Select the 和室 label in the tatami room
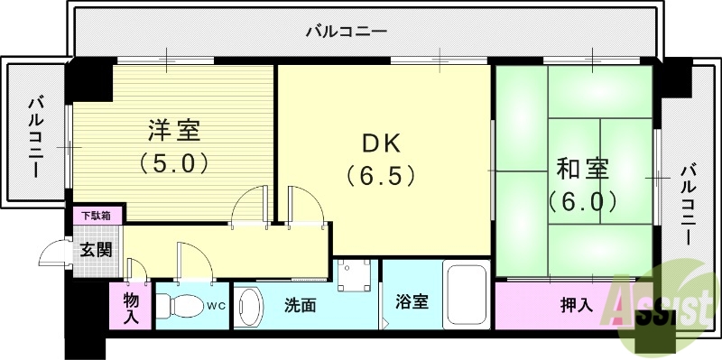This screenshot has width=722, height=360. coord(582,168)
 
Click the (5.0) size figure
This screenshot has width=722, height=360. coord(174,163)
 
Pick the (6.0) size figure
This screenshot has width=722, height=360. coord(582,198)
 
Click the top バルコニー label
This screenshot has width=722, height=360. coord(347,32)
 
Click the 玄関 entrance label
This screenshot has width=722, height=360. coord(97,250)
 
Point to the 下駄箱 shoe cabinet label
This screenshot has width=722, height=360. coord(97,216)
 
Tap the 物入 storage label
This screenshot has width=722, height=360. coord(130,307)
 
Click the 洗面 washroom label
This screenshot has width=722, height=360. coord(301,305)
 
